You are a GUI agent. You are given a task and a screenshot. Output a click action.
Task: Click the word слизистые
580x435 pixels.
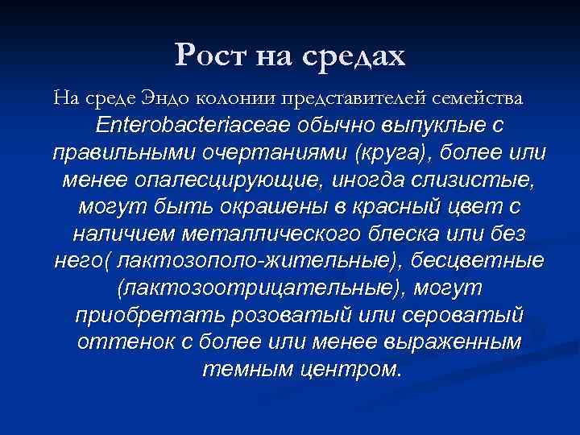pyautogui.click(x=456, y=180)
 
